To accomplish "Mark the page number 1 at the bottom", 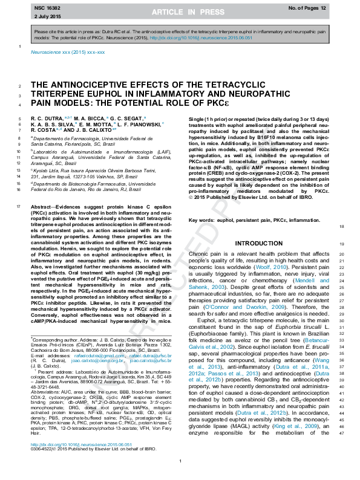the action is point(180,462).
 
